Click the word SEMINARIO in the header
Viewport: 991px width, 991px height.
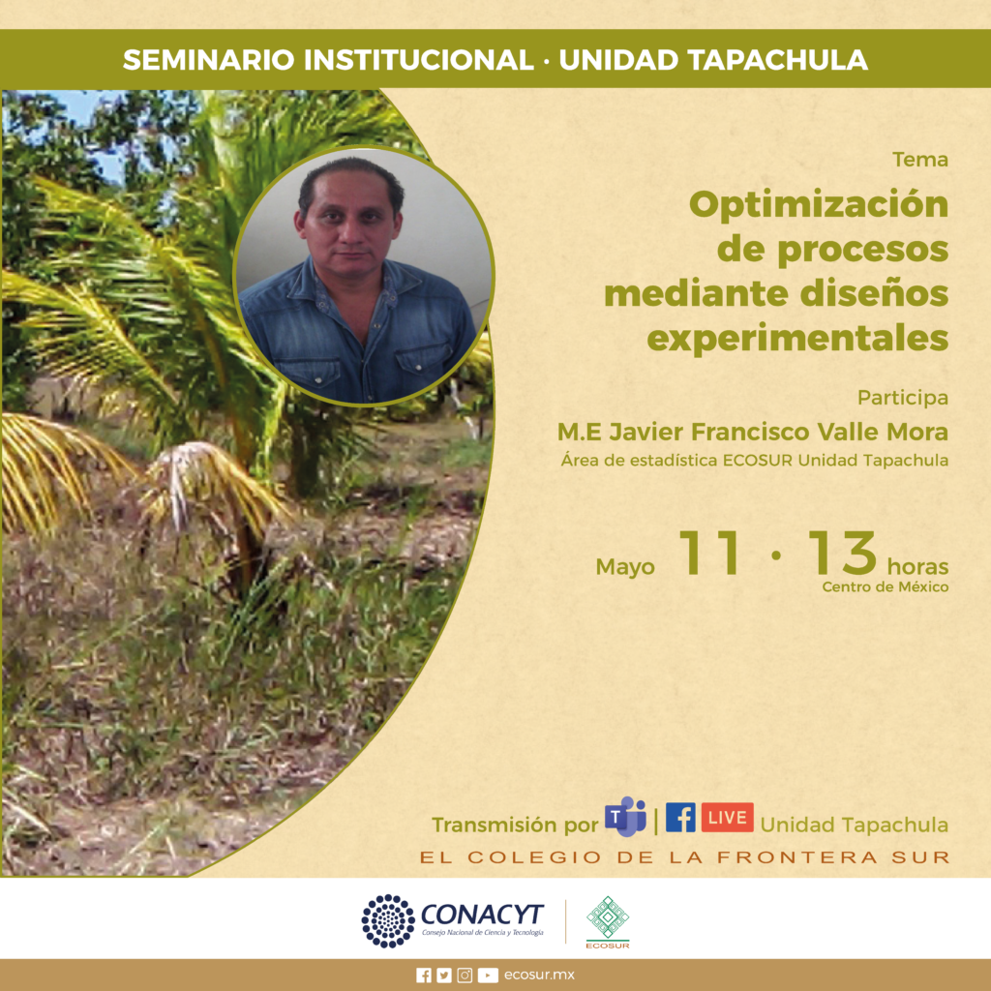click(209, 60)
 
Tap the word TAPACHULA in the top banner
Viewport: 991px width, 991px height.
click(777, 60)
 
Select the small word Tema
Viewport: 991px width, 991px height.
click(920, 160)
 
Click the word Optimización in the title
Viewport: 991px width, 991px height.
click(819, 205)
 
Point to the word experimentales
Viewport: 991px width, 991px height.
click(797, 338)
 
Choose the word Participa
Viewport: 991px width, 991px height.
click(903, 398)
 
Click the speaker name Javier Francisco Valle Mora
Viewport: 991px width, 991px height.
click(779, 433)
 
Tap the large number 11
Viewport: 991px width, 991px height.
click(709, 553)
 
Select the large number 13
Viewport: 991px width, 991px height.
click(843, 553)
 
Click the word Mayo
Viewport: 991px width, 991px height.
click(625, 567)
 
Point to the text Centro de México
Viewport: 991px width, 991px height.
click(885, 587)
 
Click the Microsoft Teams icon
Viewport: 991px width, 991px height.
click(626, 817)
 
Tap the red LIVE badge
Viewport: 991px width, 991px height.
click(727, 817)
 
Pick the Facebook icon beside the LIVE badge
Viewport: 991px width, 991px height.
click(680, 817)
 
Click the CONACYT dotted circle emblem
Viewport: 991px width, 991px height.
click(388, 921)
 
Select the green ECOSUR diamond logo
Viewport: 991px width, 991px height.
click(608, 917)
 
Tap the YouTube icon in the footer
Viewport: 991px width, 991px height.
click(488, 976)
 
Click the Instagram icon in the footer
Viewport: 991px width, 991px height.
click(465, 976)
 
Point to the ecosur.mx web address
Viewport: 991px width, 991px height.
click(539, 976)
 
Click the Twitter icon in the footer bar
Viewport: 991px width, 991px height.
click(444, 976)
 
